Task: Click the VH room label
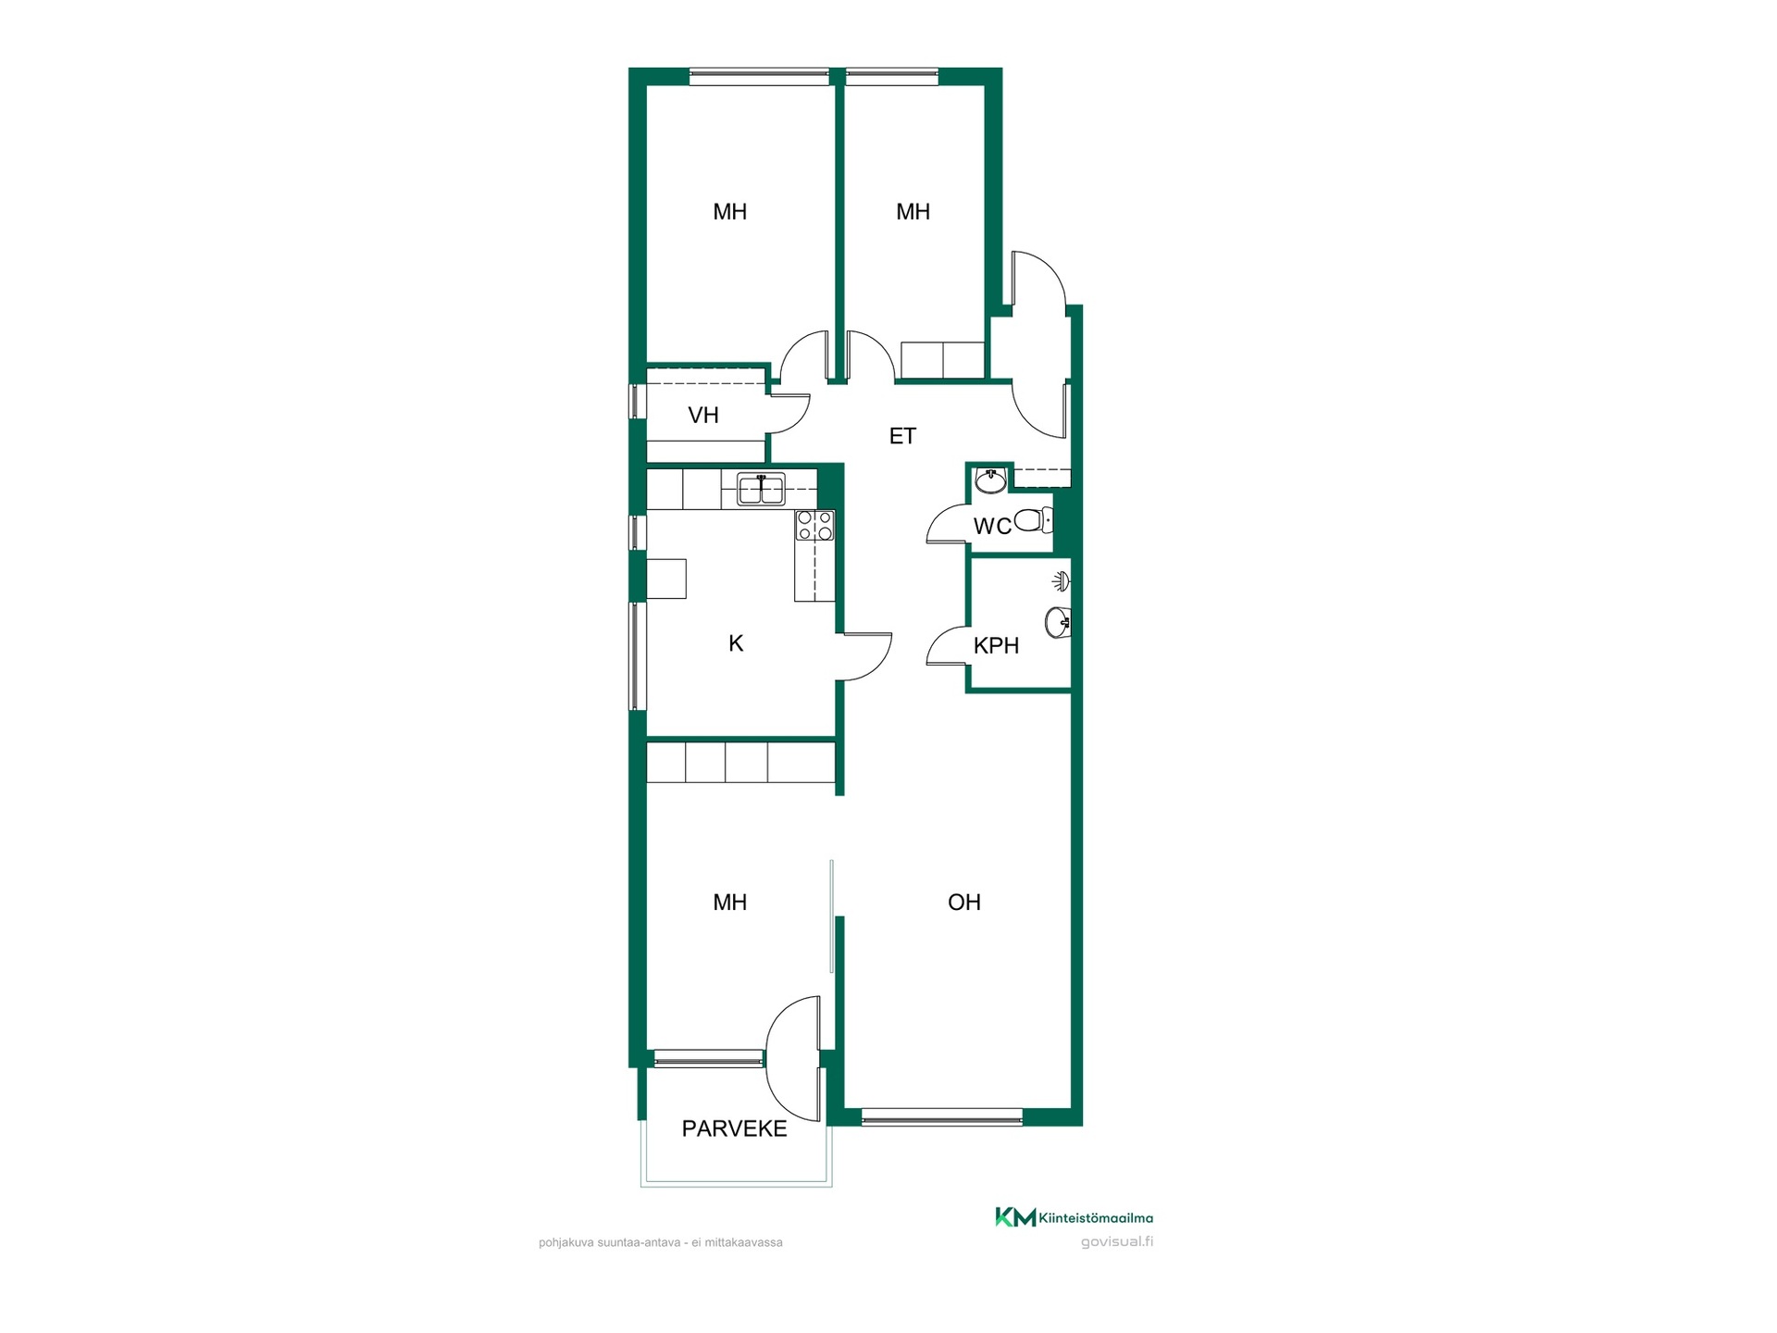coord(703,415)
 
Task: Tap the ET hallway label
coord(902,436)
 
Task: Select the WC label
coord(992,527)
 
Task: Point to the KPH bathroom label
coord(996,645)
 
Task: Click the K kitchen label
coord(736,643)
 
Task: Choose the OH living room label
coord(964,902)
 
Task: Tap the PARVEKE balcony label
coord(734,1128)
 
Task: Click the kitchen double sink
coord(761,489)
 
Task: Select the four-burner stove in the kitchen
coord(814,526)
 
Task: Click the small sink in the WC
coord(991,480)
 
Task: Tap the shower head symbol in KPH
coord(1062,581)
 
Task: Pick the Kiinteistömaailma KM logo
coord(1015,1217)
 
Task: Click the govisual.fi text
coord(1117,1242)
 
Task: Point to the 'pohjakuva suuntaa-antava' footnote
coord(661,1242)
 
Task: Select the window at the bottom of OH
coord(941,1117)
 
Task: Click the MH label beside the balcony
coord(729,902)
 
